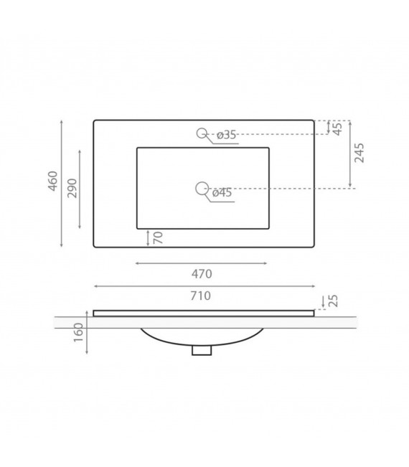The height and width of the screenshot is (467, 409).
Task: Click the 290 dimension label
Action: [72, 189]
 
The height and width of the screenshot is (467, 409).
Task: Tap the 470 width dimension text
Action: [202, 274]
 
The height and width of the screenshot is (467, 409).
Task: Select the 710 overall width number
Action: [202, 296]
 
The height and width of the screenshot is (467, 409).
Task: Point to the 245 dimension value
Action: [360, 153]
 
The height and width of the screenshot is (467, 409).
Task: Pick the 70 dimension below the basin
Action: [158, 237]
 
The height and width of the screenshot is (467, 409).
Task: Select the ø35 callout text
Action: [225, 135]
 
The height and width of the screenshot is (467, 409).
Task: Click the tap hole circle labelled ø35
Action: [202, 133]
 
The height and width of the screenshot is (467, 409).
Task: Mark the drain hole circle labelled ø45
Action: [201, 188]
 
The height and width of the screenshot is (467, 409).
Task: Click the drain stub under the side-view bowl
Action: [203, 350]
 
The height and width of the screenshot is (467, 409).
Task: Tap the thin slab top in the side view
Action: [203, 313]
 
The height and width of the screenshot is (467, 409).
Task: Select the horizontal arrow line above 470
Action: [202, 263]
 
